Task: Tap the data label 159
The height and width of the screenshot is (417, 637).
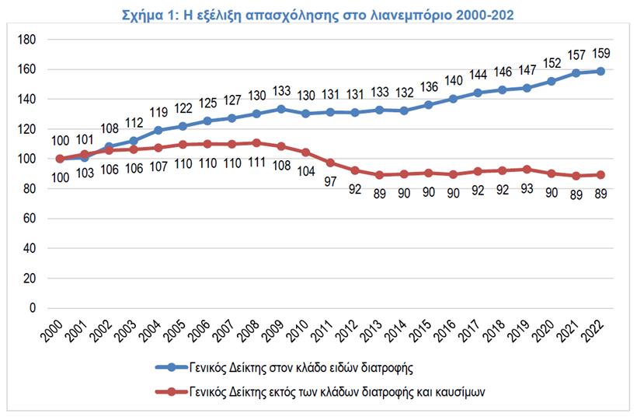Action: pos(601,54)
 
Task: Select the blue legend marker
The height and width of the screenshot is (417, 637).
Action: pos(166,366)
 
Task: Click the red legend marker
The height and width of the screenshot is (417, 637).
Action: pos(166,392)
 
